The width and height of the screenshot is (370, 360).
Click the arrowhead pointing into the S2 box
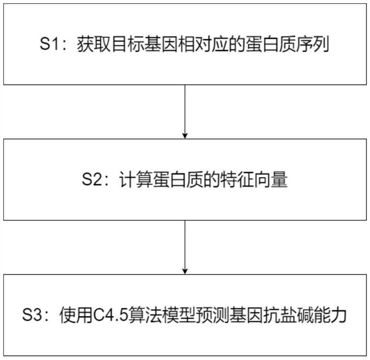pos(185,135)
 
